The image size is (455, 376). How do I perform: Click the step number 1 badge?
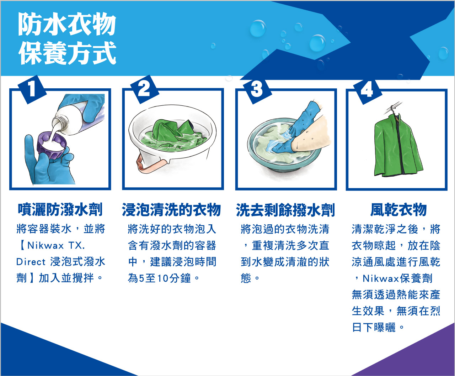32,89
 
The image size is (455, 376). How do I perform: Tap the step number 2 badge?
145,89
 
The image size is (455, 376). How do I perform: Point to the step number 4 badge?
368,90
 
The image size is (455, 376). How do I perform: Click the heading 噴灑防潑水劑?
60,210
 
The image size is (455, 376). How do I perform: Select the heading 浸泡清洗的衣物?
171,210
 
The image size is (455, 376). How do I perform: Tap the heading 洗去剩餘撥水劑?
285,210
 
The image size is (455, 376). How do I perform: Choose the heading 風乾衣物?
398,210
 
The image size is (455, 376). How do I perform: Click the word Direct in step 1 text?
31,262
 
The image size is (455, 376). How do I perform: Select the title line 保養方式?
67,53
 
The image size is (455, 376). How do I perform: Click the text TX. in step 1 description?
77,246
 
